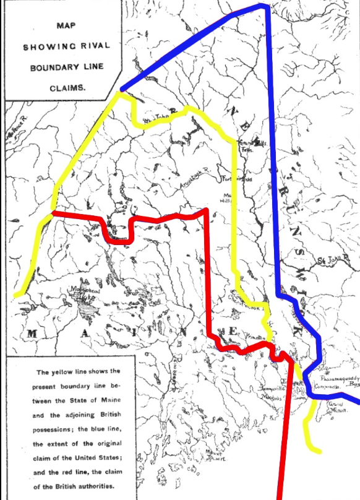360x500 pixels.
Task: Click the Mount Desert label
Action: [x=214, y=455]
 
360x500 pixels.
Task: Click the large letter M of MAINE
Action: [x=31, y=335]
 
